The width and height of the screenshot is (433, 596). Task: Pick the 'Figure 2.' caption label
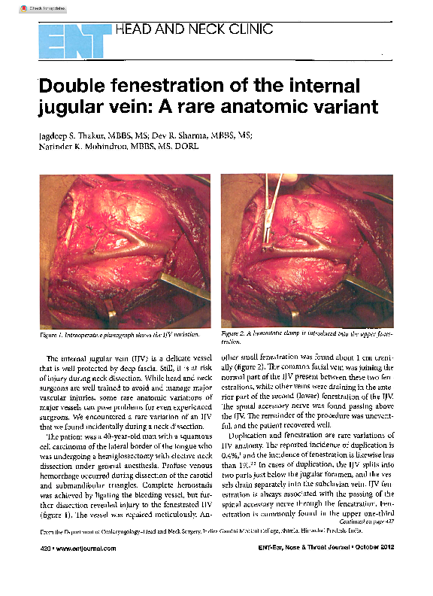coord(233,333)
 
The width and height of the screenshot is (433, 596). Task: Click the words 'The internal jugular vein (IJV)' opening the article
coord(101,358)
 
